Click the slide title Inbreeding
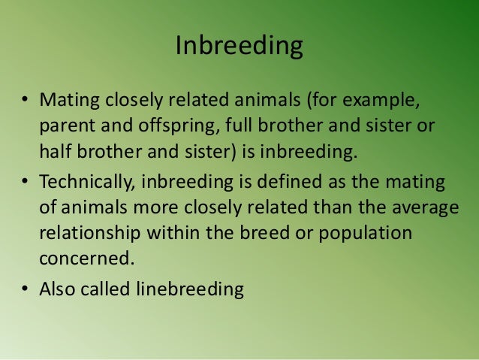pyautogui.click(x=239, y=47)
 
